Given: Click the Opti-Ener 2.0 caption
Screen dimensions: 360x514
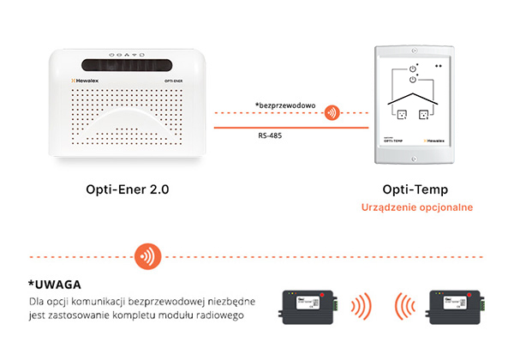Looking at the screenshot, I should tap(127, 189).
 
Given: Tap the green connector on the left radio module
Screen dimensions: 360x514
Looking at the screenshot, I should tap(337, 305).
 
